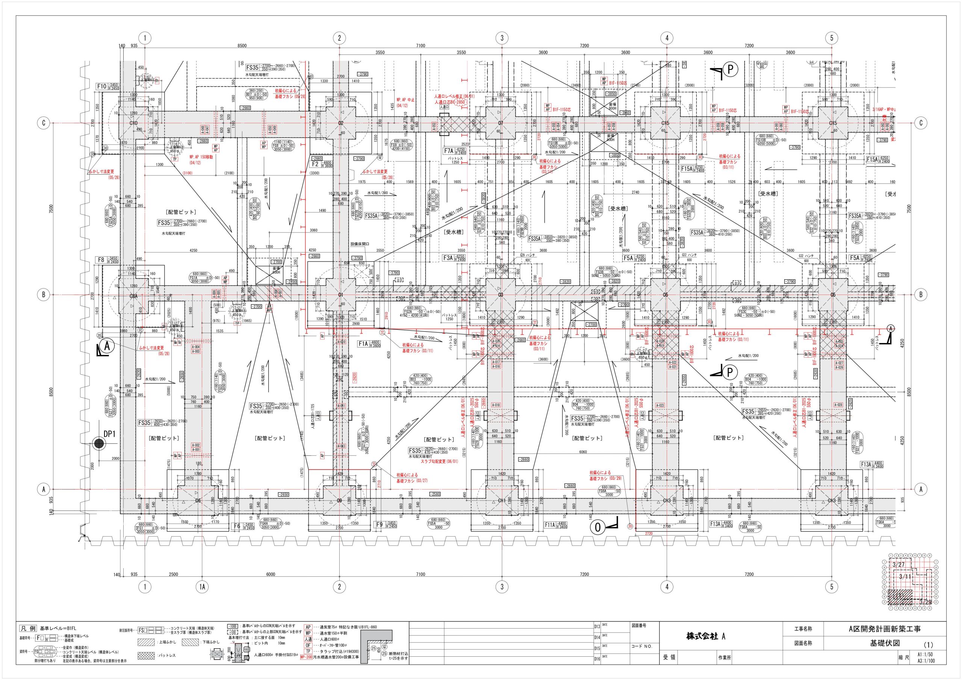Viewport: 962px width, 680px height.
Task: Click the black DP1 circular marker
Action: (x=99, y=444)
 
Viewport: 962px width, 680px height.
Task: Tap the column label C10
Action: (x=133, y=123)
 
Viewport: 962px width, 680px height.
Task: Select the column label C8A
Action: (x=133, y=296)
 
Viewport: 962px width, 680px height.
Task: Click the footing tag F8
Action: (x=101, y=260)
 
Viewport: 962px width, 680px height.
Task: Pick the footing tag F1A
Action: (x=363, y=343)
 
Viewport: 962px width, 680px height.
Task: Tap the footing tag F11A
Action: (x=550, y=524)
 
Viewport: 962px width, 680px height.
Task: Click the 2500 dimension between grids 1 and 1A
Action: (x=174, y=574)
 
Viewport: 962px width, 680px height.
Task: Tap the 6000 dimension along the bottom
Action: (x=271, y=574)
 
